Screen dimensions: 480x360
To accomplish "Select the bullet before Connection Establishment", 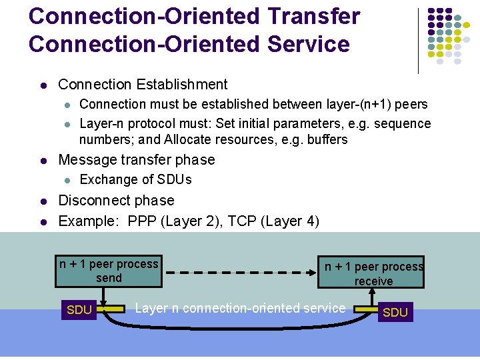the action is click(43, 85).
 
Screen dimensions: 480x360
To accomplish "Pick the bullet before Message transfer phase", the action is click(43, 161).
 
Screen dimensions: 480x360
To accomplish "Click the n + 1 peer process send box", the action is click(109, 271).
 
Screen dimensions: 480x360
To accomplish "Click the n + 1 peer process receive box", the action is click(371, 273).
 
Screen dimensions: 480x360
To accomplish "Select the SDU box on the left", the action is click(79, 310).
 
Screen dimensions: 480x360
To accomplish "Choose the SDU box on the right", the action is click(395, 312).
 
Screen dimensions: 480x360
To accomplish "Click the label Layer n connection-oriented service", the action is click(240, 308).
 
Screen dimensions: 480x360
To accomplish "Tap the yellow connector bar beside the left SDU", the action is click(114, 309).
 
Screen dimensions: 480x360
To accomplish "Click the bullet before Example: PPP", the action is click(43, 221).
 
